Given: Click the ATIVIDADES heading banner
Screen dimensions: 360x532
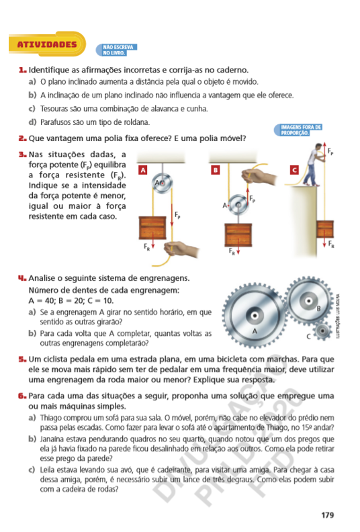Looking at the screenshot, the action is tap(47, 44).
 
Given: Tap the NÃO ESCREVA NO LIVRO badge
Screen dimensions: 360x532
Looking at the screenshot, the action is tap(117, 50).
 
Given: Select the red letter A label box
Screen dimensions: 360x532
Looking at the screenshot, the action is tap(143, 170).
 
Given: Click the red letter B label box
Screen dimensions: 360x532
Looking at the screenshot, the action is tap(215, 170).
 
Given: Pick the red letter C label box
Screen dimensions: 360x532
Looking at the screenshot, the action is tap(294, 170).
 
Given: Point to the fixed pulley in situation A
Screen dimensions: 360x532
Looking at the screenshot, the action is tap(162, 183).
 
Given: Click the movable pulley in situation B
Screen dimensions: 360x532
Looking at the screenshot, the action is tap(238, 205).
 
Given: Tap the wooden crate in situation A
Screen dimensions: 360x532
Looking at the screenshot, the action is tap(152, 228).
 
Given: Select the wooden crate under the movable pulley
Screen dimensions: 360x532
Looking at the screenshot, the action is tap(238, 235).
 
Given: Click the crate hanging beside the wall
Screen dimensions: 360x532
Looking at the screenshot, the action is tap(325, 229).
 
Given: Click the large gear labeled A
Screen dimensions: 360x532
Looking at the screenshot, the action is tap(255, 316).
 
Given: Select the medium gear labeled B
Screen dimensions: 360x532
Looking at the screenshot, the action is tap(308, 301).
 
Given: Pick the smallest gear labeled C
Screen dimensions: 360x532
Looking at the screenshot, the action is tap(322, 330).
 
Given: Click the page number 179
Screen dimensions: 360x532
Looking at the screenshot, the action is tap(328, 515).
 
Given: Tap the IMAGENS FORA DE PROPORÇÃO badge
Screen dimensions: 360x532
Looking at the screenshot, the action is tap(298, 130).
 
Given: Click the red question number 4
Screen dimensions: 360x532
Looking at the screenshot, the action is tap(22, 278).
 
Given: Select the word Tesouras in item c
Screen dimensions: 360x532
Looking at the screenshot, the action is tap(53, 109).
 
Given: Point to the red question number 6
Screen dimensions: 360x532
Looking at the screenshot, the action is tap(22, 396).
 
